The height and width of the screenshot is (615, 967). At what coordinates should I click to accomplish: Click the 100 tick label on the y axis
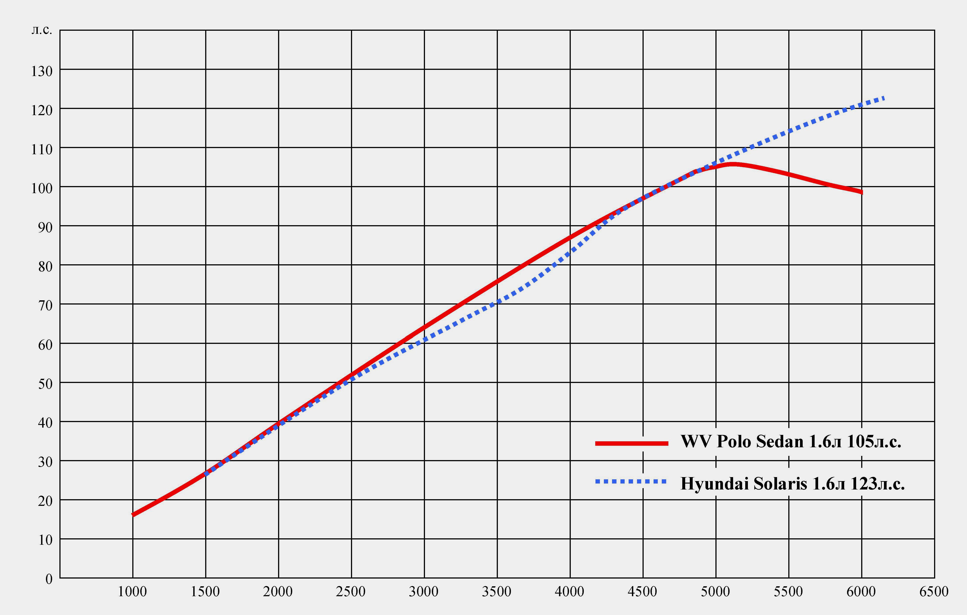42,188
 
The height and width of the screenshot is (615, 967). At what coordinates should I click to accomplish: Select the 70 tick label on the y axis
45,306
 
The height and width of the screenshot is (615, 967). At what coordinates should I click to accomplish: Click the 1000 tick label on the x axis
132,592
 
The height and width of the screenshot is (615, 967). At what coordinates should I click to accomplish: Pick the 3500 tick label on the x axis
497,592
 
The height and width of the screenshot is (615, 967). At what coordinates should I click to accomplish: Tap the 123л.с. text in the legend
878,484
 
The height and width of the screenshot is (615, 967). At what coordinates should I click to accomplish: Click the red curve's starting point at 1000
133,515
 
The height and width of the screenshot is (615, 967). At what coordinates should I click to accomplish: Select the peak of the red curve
732,164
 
